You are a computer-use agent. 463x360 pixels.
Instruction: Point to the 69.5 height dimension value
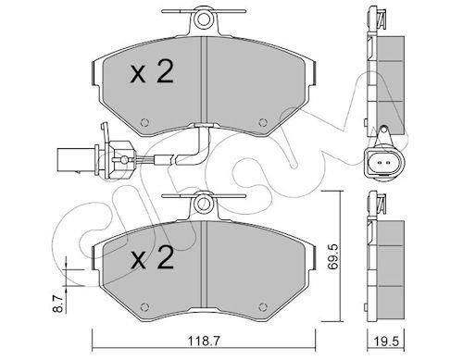333,257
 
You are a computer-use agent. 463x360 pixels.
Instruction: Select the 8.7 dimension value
60,303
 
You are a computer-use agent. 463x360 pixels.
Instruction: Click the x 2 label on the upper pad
152,72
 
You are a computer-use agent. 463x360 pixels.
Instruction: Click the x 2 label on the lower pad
152,258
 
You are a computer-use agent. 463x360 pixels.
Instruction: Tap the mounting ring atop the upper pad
204,19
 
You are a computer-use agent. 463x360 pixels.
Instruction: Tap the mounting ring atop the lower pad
204,204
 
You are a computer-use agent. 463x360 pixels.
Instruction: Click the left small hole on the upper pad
144,122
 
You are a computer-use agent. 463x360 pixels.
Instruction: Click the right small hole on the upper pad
263,122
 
